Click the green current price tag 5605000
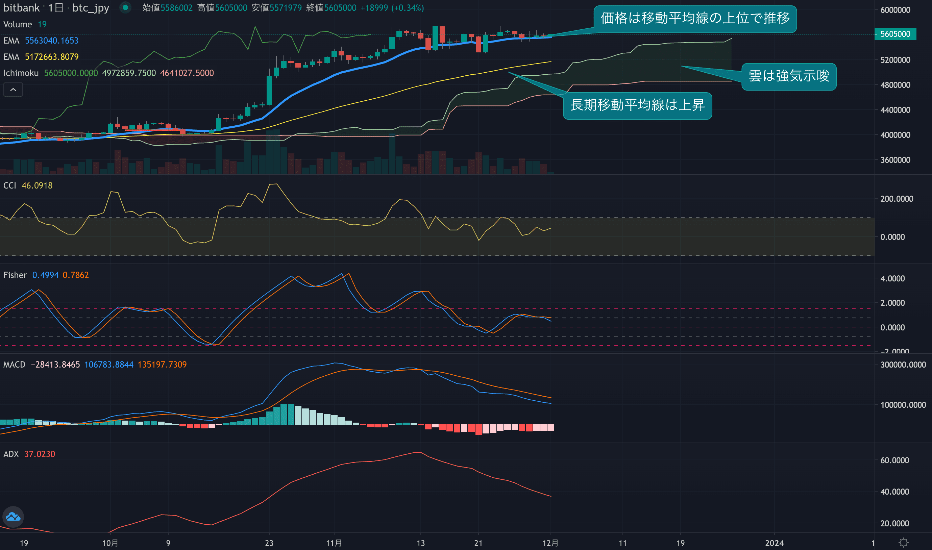point(895,34)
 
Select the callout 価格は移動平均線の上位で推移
point(695,19)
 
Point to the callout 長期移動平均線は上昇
point(637,105)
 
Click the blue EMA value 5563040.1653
point(51,41)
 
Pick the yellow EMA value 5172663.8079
point(51,57)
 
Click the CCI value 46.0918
point(37,186)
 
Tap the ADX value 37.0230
point(40,454)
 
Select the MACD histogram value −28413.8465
point(55,365)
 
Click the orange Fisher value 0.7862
point(76,275)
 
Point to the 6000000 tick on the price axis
point(895,10)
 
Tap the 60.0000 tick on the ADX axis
point(894,460)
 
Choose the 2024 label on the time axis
point(774,543)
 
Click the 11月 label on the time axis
point(334,543)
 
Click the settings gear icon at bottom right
point(904,543)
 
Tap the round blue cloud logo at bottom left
point(13,517)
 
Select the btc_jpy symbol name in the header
point(91,8)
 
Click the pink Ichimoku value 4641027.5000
point(187,73)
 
